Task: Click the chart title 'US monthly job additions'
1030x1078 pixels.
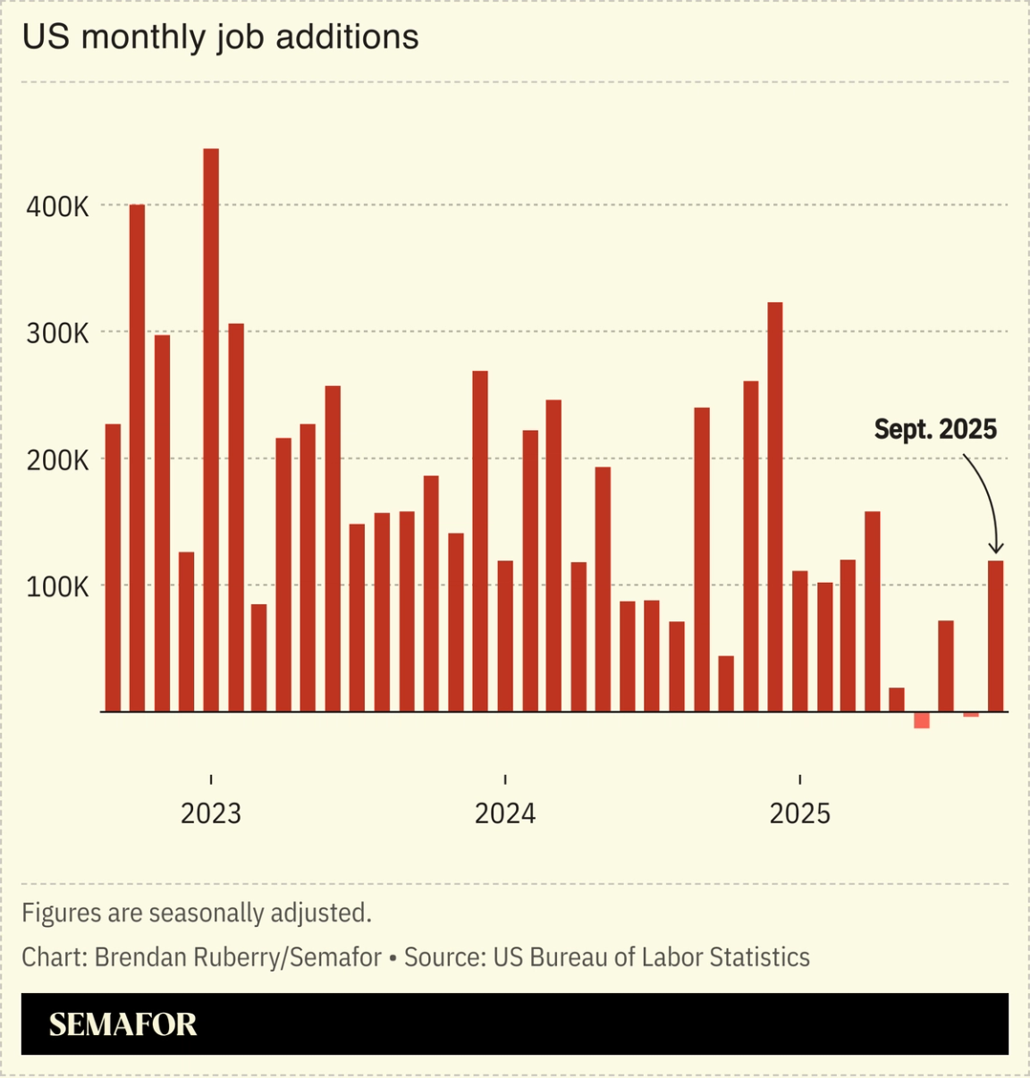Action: [220, 38]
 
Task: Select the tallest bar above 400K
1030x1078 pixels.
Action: [211, 429]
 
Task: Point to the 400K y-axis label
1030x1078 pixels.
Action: [58, 207]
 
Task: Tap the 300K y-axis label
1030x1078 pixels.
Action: [58, 334]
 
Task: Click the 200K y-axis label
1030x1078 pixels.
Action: [58, 461]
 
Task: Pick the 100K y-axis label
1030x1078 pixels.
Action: [58, 587]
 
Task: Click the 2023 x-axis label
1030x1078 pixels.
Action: [211, 813]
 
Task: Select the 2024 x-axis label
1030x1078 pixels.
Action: [505, 813]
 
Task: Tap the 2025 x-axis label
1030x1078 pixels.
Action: [800, 813]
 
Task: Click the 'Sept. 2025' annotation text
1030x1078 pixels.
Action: [935, 430]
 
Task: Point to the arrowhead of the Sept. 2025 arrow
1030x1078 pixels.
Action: [996, 549]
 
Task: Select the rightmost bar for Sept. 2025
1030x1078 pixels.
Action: [996, 636]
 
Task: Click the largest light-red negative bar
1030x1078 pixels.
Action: [922, 720]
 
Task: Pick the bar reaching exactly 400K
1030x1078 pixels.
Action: [137, 458]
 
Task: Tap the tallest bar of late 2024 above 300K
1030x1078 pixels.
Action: [775, 507]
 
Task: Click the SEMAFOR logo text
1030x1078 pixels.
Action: [122, 1024]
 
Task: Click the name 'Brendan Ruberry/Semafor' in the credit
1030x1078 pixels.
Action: [238, 957]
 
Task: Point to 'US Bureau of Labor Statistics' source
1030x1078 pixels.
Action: [651, 957]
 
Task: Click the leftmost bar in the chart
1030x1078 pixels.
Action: [113, 568]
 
